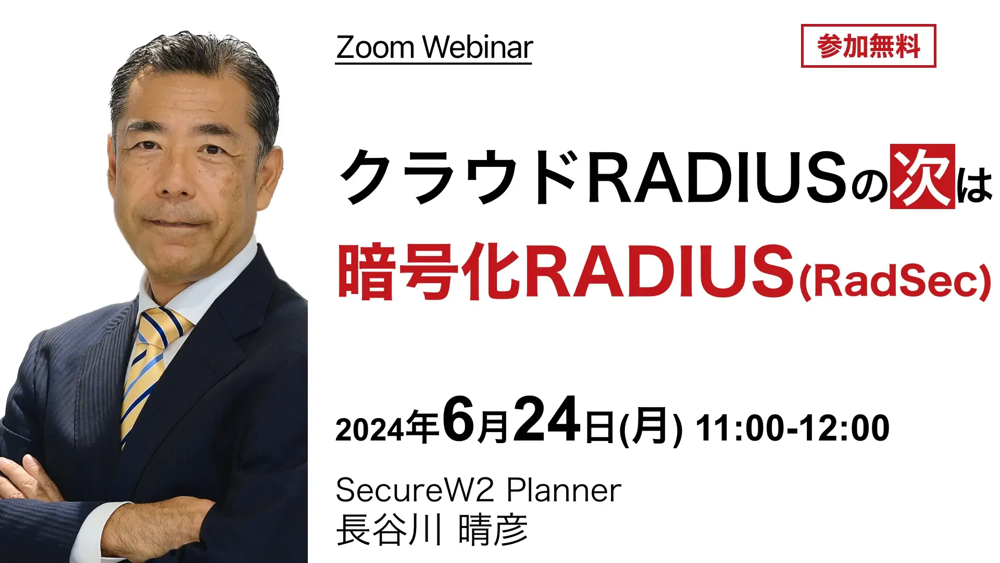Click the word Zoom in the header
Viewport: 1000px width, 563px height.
[x=375, y=47]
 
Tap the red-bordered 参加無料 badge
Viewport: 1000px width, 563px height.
[x=868, y=46]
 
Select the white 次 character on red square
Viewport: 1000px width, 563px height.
[x=922, y=176]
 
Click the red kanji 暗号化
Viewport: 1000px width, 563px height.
[x=429, y=272]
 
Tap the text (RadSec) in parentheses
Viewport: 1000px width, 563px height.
[x=895, y=282]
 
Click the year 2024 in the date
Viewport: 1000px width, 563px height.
[x=369, y=430]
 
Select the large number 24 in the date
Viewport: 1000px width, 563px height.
[x=547, y=420]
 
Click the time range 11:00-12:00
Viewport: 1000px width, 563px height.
[x=793, y=428]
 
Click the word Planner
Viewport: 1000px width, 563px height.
[x=564, y=490]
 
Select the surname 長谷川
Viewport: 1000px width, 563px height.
[x=389, y=530]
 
